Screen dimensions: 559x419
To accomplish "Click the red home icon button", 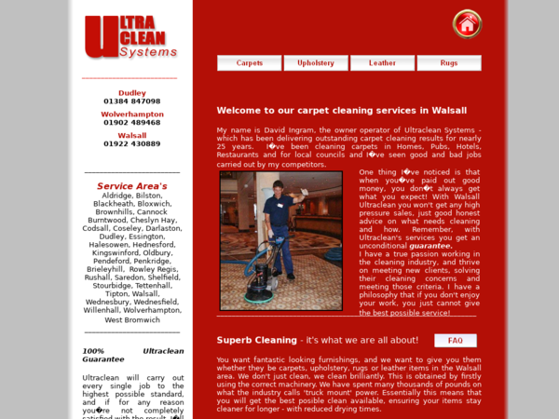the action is coord(467,23).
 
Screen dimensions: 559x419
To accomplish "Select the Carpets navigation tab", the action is coord(250,63).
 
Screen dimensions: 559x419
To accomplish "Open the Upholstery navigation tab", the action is coord(316,63).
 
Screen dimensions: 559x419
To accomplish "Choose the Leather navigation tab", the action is coord(382,63).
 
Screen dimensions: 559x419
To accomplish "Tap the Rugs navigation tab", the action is coord(449,63).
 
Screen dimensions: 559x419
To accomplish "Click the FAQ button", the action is coord(456,341).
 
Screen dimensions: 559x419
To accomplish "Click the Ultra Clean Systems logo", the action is coord(130,37).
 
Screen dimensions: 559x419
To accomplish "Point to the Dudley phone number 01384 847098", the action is coord(132,101).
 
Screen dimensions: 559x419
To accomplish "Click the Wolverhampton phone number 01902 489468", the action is coord(132,123).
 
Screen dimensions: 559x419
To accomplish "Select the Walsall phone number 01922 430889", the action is coord(132,144).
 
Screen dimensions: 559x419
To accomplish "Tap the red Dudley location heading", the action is coord(132,93).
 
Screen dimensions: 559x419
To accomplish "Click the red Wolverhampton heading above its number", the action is coord(132,115).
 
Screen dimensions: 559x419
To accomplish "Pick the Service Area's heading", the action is coord(132,186).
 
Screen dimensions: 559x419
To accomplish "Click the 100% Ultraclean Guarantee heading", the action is coord(132,355).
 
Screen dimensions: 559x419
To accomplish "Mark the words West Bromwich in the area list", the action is coord(132,319).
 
